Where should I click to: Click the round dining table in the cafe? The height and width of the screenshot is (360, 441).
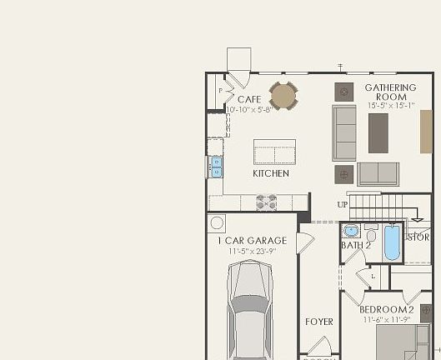283,95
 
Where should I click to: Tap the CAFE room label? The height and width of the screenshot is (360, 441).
248,100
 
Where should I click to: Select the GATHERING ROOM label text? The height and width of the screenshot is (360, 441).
390,92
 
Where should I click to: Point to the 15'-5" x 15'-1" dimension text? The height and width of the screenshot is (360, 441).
390,106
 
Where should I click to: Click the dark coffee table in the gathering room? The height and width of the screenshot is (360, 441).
378,132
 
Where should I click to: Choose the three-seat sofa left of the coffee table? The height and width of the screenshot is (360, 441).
344,132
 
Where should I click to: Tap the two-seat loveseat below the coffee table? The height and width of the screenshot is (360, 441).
378,173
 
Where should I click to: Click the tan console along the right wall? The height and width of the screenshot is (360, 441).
426,131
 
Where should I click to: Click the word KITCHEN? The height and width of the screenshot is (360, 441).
271,173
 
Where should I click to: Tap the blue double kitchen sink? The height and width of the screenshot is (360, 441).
216,167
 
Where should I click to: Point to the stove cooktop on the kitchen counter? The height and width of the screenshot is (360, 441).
266,202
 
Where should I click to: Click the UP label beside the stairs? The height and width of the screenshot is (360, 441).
342,204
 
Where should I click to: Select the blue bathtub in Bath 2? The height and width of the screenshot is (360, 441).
391,242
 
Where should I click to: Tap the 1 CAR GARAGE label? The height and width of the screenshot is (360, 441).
252,241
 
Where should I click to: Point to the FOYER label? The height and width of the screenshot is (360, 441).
318,322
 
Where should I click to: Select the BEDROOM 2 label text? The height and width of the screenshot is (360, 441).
386,310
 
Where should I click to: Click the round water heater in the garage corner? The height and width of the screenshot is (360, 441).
218,222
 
